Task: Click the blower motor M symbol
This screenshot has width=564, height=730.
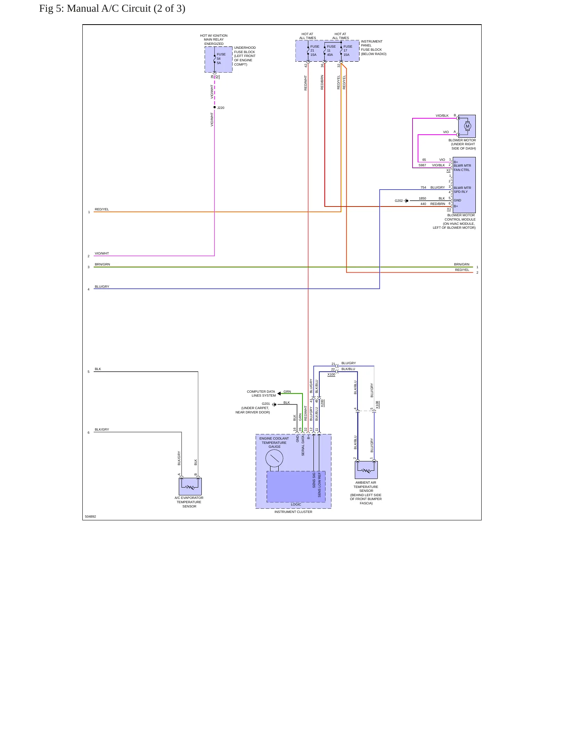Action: tap(468, 126)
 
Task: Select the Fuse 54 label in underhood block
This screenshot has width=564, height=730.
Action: tap(221, 59)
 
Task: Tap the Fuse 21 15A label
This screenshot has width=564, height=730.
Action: tap(315, 51)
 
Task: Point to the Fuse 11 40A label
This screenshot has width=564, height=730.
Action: tap(331, 51)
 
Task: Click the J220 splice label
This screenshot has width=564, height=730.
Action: tap(221, 108)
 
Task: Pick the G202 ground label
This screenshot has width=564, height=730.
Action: tap(399, 201)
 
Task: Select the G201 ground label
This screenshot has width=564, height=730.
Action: tap(266, 404)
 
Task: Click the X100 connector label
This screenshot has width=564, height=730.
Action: tap(331, 375)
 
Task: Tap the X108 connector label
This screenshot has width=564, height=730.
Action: tap(377, 405)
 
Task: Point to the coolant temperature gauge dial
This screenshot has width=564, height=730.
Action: tap(274, 458)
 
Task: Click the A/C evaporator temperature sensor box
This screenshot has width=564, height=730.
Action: tap(190, 487)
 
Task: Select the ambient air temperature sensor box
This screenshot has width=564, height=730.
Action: tap(366, 470)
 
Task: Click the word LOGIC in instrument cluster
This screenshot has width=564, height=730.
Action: tap(296, 504)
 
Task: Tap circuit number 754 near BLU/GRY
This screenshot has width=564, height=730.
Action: tap(423, 187)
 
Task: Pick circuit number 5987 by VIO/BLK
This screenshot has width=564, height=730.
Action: tap(422, 165)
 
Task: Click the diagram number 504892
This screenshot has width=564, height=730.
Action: tap(90, 516)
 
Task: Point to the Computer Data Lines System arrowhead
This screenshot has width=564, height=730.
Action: tap(279, 393)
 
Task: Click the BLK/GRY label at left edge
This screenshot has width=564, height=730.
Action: tap(102, 429)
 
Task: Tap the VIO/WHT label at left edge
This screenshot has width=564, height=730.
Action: tap(102, 253)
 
